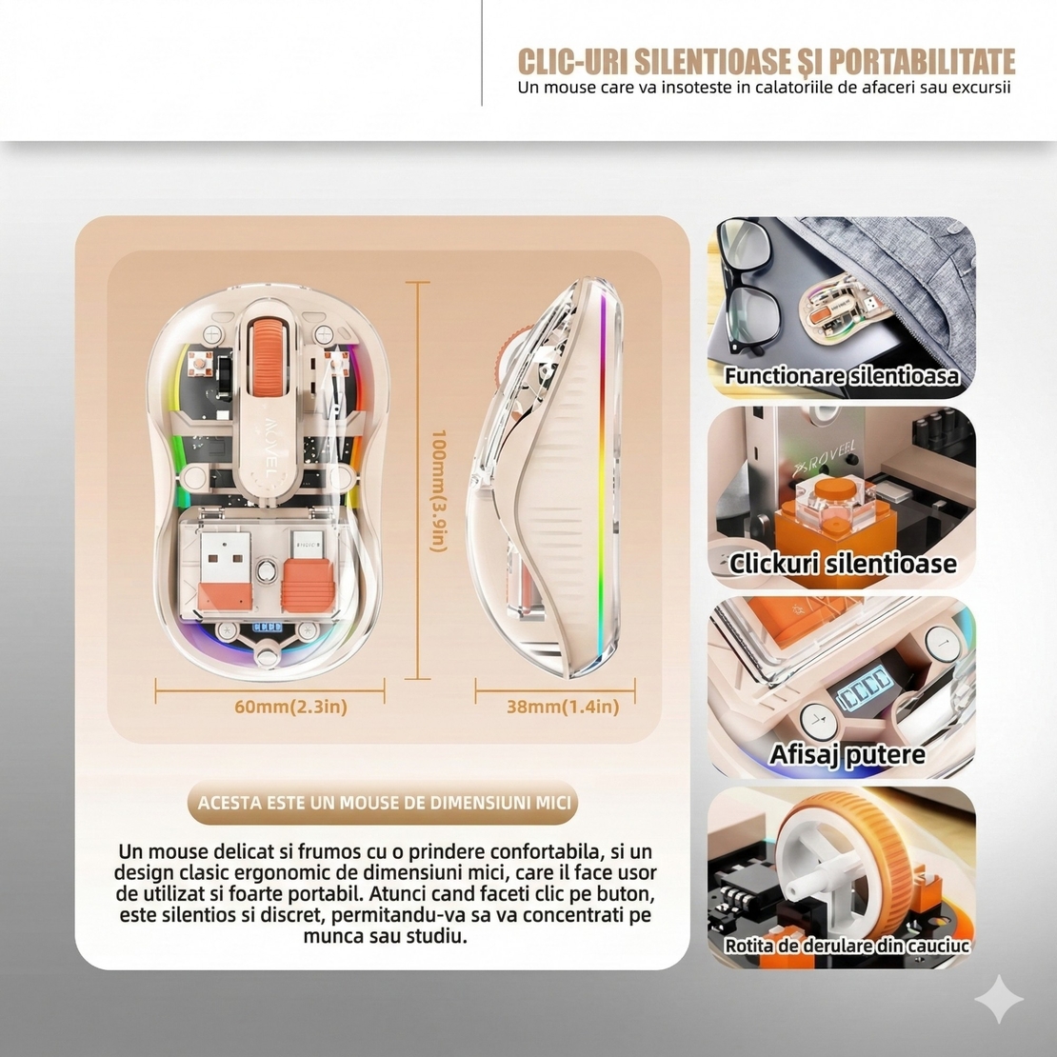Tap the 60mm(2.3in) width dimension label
(x=290, y=707)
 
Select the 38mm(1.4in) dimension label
(x=563, y=707)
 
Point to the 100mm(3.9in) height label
(x=438, y=490)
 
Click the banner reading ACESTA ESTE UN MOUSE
(x=384, y=802)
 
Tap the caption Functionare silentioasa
(x=841, y=375)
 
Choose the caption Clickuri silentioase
(x=843, y=564)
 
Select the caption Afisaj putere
(x=848, y=753)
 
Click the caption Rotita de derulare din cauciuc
(x=847, y=945)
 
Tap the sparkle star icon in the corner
(x=999, y=1000)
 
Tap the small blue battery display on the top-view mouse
(x=267, y=627)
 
